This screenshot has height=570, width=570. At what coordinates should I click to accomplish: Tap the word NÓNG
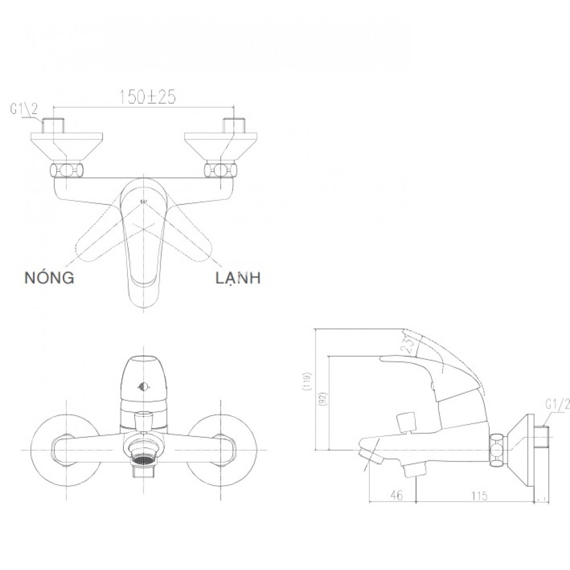tap(49, 278)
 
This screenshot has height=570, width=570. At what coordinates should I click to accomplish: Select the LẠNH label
tap(238, 278)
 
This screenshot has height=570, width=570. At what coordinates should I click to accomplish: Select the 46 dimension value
tap(397, 496)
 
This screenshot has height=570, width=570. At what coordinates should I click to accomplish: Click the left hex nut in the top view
tap(68, 170)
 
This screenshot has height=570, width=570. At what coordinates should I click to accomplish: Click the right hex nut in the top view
tap(219, 170)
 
